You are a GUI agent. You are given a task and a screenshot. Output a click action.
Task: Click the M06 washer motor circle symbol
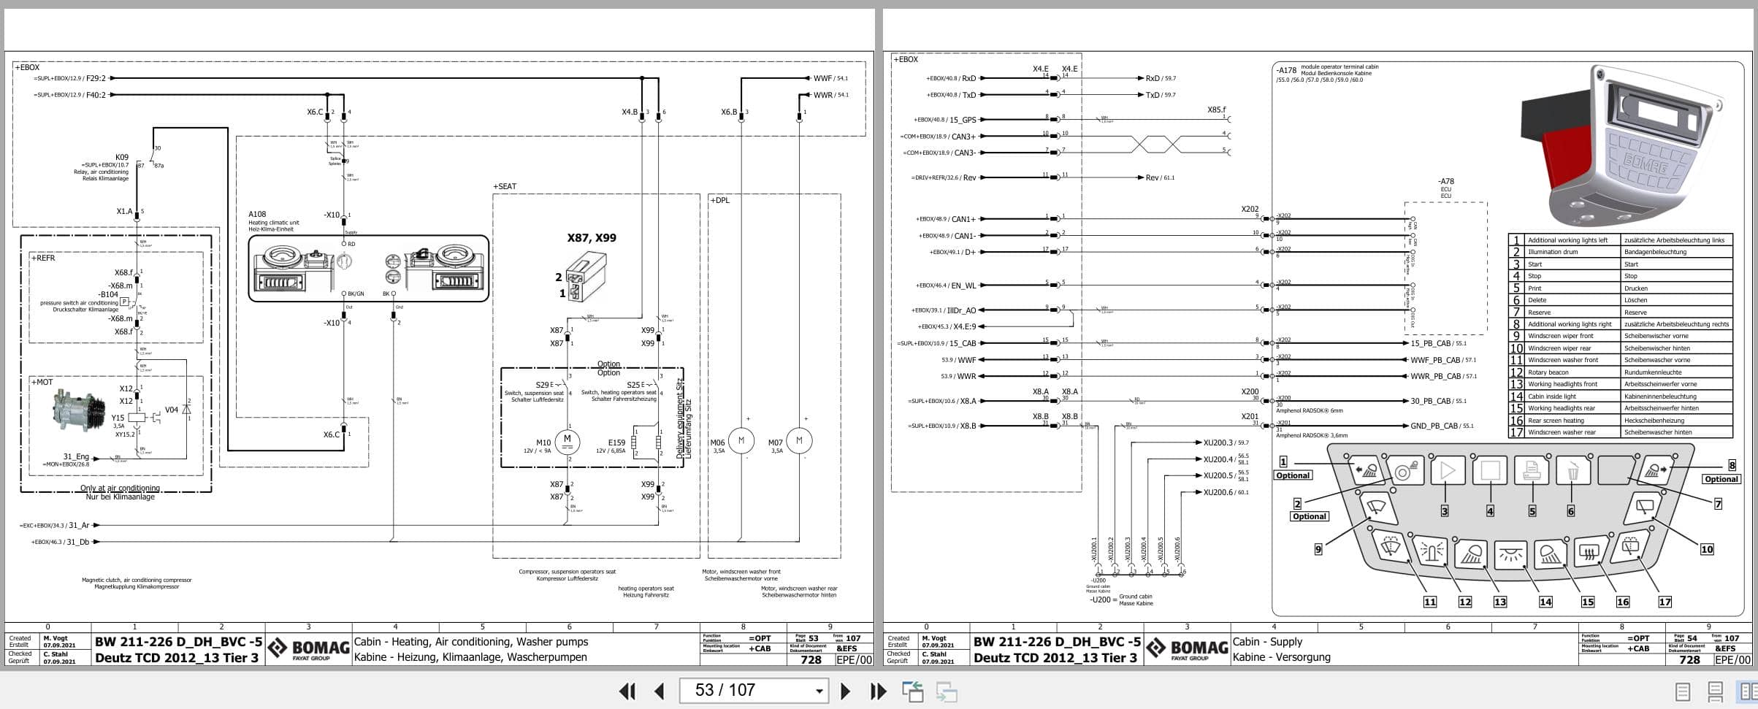click(741, 440)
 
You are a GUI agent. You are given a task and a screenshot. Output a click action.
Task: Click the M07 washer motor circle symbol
click(799, 440)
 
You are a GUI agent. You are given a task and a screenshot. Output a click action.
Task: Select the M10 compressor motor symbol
click(567, 440)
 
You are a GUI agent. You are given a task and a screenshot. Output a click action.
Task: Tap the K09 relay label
click(122, 157)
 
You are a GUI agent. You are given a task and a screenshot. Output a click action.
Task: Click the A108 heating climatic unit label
click(257, 215)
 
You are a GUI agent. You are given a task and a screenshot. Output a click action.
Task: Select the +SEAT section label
click(505, 187)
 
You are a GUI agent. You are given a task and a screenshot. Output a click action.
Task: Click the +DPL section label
click(719, 200)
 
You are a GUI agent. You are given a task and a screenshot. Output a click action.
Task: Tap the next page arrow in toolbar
click(845, 691)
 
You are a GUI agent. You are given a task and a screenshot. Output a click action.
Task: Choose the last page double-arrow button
click(878, 691)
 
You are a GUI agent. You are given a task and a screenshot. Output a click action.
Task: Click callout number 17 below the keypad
click(1665, 602)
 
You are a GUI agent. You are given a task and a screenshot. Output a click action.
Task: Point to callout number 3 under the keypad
click(1444, 511)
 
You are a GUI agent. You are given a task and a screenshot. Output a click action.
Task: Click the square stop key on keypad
click(1490, 471)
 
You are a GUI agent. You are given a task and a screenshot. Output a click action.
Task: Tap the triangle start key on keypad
click(1448, 471)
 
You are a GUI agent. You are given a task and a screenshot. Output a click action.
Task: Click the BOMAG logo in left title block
click(308, 648)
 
